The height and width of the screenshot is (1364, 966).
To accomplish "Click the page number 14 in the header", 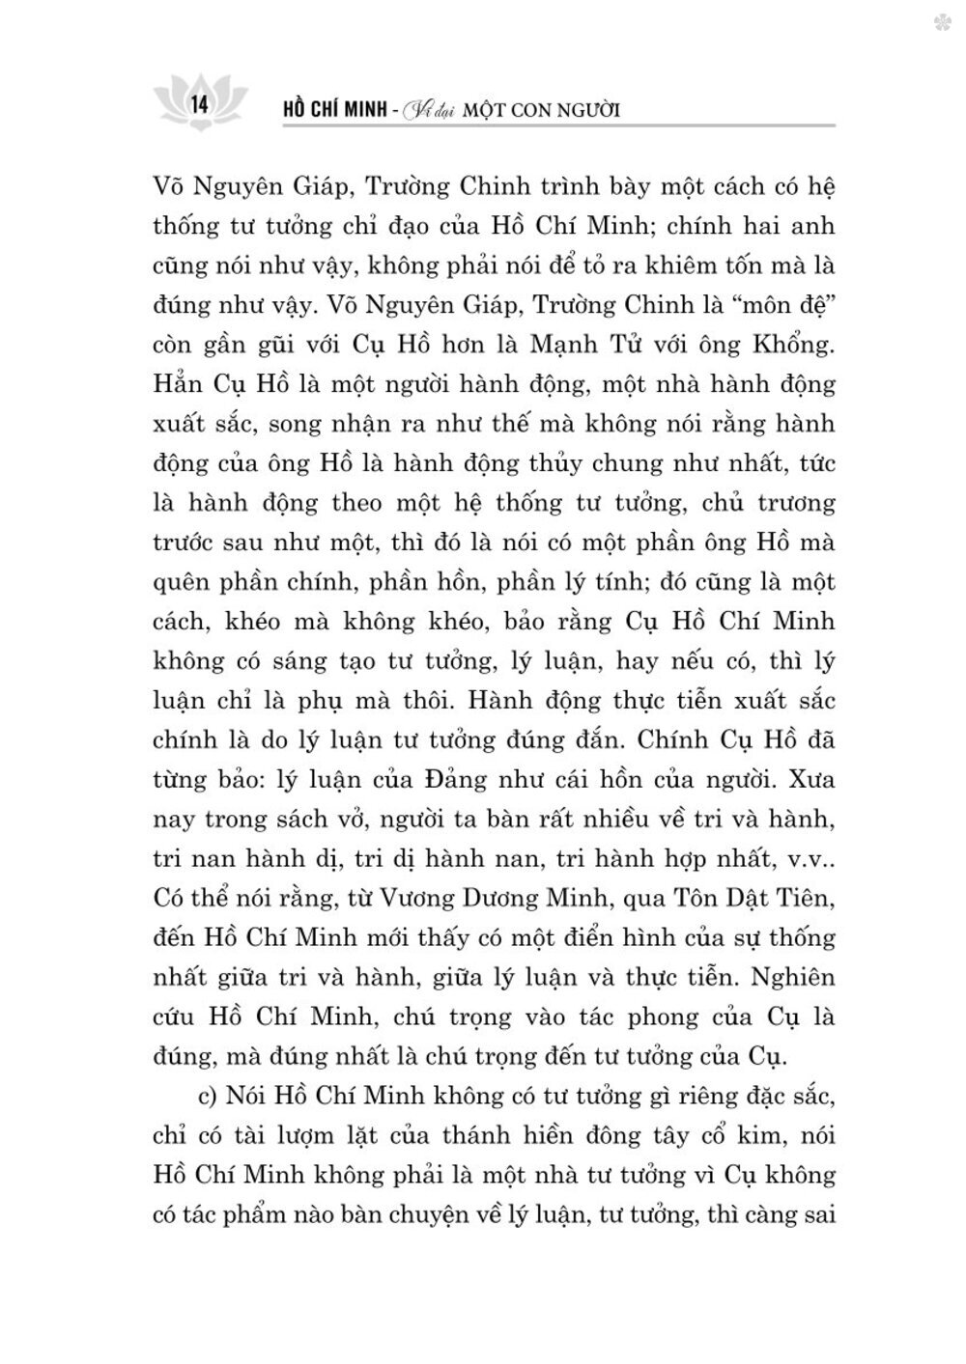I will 201,103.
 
